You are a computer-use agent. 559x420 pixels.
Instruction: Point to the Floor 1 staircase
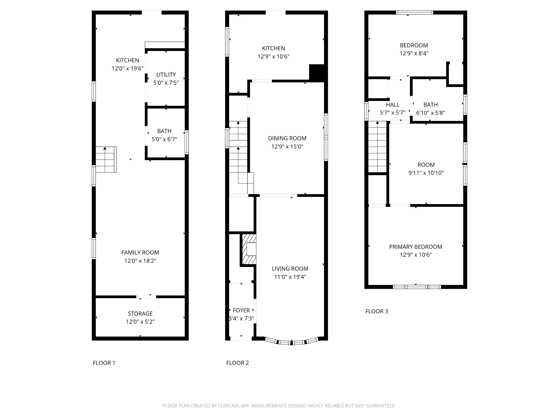click(106, 159)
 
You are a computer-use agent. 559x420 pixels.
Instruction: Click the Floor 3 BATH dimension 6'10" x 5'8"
click(430, 113)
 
